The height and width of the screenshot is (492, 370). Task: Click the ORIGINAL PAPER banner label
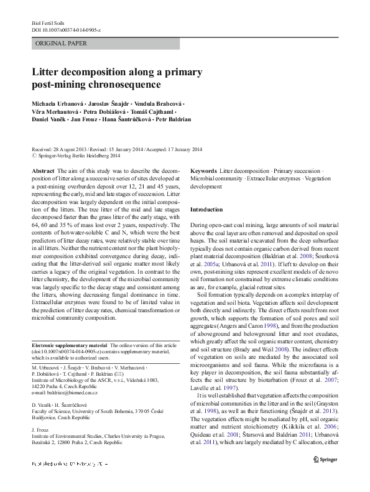62,44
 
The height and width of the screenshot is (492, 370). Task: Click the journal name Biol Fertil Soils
49,22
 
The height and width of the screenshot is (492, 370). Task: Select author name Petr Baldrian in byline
173,119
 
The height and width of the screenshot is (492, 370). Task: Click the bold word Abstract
42,170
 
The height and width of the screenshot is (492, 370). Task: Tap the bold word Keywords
204,170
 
